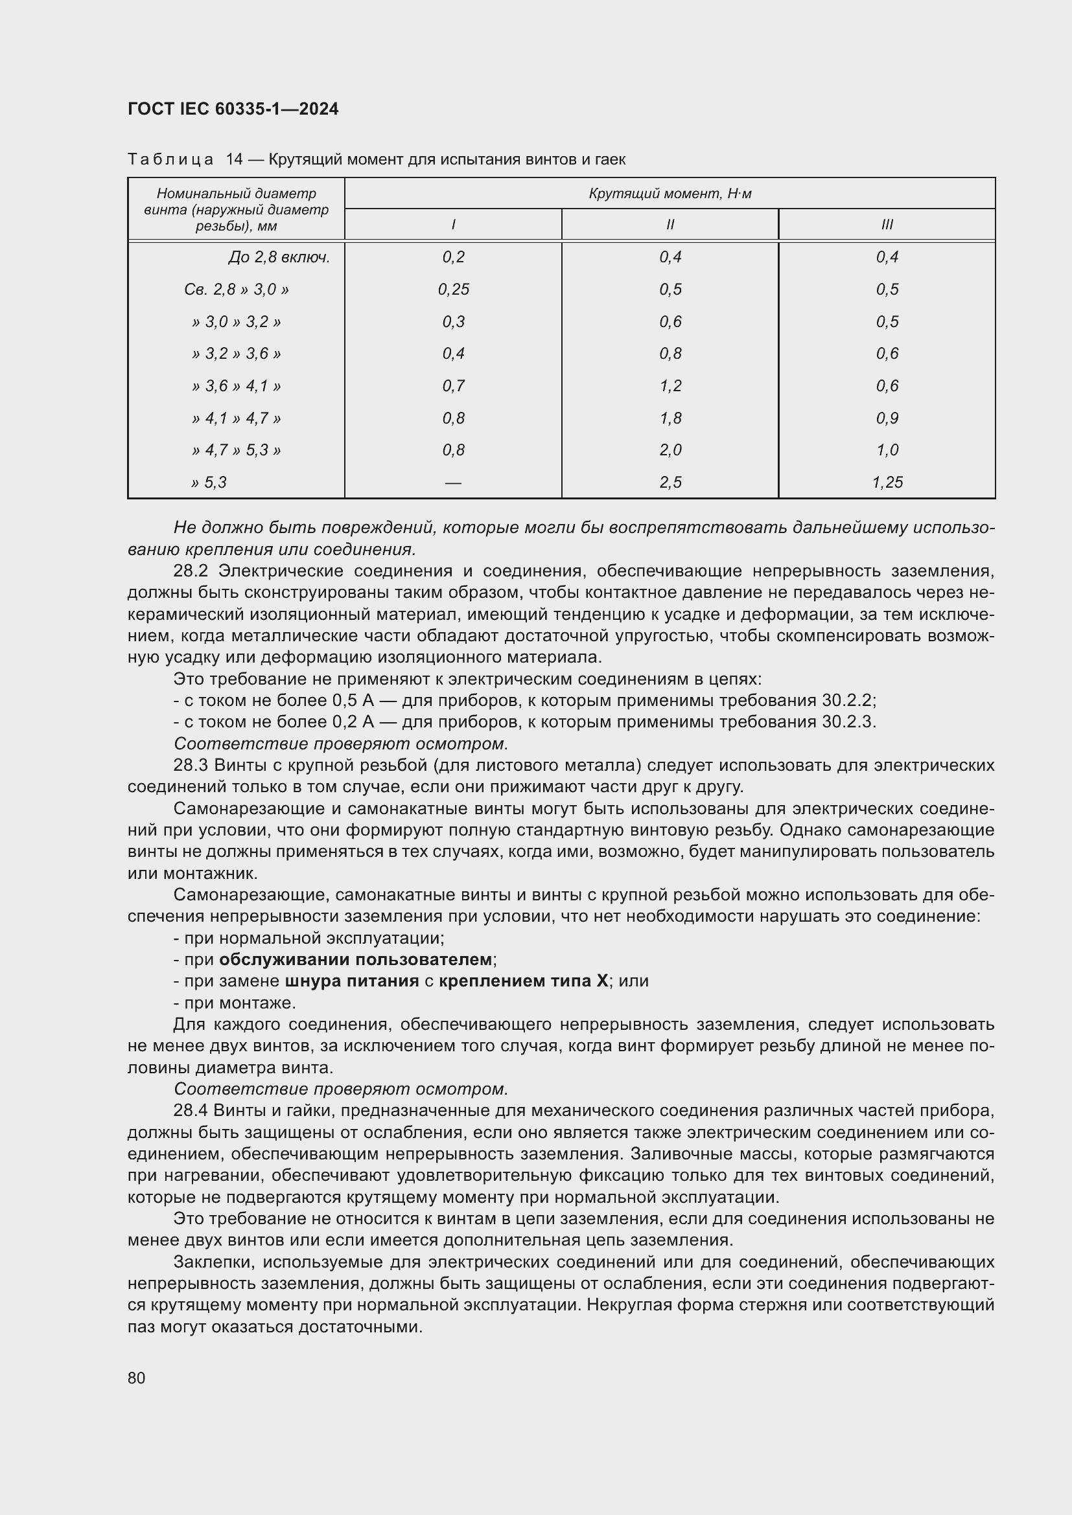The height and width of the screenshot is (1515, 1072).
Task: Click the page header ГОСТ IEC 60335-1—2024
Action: click(233, 109)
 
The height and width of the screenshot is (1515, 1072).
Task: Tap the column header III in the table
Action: click(887, 224)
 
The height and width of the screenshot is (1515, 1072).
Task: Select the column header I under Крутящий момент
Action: click(453, 224)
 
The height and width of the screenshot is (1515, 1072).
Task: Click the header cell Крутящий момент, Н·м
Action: click(670, 193)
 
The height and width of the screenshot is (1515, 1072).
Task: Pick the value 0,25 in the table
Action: click(454, 289)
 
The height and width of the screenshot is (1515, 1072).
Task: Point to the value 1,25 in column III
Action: click(887, 483)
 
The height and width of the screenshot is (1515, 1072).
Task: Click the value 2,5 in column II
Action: click(670, 483)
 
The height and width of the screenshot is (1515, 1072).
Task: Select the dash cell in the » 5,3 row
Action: click(454, 483)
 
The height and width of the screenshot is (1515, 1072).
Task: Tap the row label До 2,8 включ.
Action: click(279, 256)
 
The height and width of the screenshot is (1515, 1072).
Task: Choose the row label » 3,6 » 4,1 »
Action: click(237, 385)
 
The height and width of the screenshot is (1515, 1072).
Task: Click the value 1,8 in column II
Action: click(670, 418)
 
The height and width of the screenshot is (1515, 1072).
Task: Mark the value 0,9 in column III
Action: click(887, 418)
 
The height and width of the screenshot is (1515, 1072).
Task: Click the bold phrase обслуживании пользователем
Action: click(356, 959)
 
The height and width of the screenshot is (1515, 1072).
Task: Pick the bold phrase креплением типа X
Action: click(523, 981)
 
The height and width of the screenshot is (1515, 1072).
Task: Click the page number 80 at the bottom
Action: click(137, 1378)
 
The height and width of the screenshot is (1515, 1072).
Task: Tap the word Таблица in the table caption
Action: click(170, 159)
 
